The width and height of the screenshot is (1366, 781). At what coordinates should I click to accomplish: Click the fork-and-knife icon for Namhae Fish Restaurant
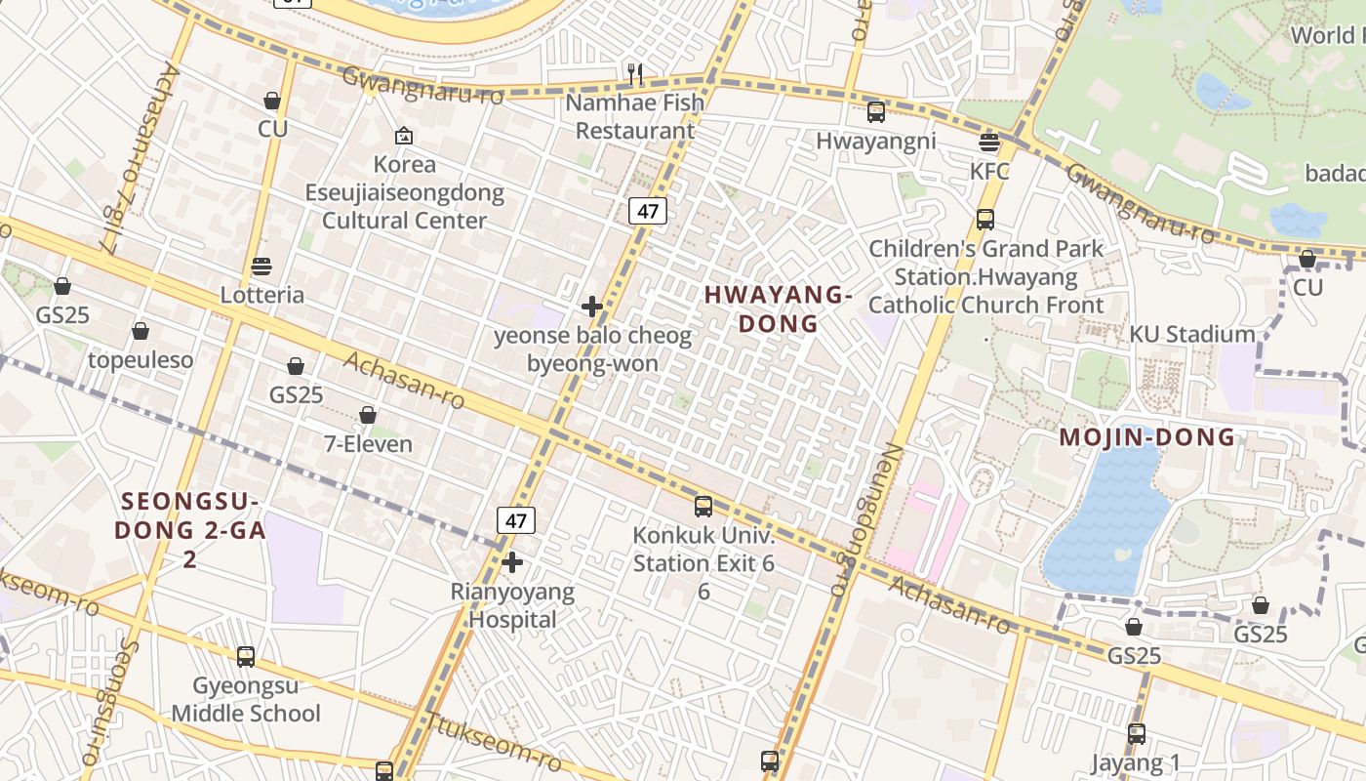(x=634, y=72)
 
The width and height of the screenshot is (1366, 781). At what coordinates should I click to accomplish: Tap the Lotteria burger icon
(x=261, y=266)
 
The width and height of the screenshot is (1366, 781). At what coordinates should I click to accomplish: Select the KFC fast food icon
(x=989, y=143)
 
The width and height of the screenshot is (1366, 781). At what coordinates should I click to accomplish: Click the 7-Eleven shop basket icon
(x=368, y=415)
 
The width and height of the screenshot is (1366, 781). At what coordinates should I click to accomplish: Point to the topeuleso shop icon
(x=141, y=331)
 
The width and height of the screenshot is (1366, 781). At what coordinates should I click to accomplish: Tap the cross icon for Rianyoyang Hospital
(x=512, y=562)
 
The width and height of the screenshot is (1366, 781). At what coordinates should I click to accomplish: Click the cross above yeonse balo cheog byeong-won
(x=591, y=307)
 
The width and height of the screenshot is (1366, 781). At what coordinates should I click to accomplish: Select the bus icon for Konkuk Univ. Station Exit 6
(x=703, y=506)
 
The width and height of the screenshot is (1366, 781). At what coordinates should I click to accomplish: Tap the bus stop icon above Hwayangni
(x=876, y=111)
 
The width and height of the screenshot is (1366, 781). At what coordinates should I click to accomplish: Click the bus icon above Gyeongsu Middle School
(x=246, y=656)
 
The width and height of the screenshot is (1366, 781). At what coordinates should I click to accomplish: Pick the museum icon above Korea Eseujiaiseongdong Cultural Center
(x=404, y=136)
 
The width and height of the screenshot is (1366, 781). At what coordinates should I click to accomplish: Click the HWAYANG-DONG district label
(x=778, y=308)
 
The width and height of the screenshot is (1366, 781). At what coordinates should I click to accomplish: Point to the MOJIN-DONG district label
(x=1147, y=437)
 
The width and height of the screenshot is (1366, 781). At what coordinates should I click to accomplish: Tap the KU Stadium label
(x=1191, y=334)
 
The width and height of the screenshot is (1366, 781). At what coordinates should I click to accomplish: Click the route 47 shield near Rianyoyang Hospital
(x=516, y=520)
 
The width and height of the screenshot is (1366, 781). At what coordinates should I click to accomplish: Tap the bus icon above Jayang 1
(x=1137, y=733)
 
